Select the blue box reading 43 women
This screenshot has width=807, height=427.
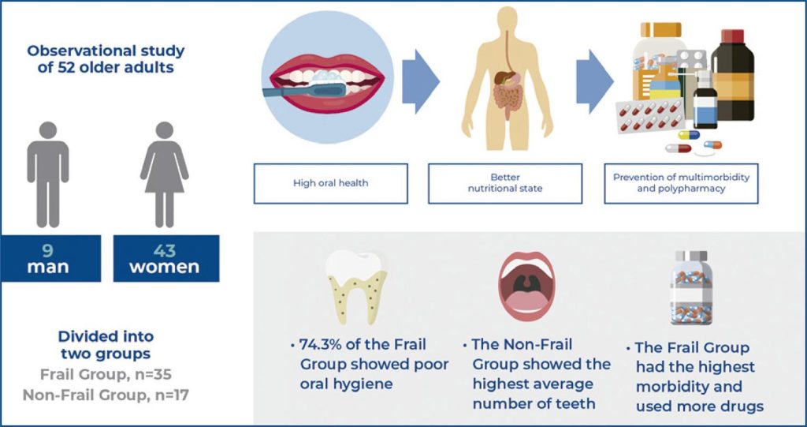point(165,258)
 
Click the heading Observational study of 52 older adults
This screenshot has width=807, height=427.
point(106,58)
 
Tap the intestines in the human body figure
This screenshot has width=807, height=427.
point(504,96)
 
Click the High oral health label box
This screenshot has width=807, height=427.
point(330,184)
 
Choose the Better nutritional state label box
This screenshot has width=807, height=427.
point(504,184)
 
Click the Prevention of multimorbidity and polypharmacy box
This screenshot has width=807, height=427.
point(681,184)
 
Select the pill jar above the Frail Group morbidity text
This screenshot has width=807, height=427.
point(691,289)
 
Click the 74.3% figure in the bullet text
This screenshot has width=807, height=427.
point(323,346)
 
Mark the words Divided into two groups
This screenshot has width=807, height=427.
point(106,345)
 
